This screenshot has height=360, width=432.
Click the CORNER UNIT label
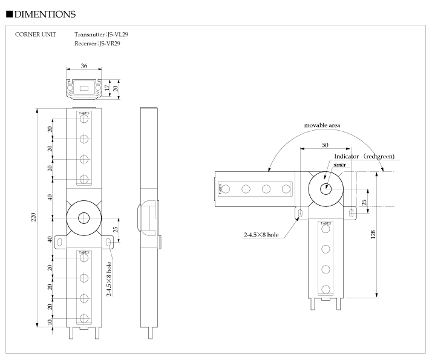(36, 34)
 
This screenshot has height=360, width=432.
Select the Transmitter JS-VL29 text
(101, 34)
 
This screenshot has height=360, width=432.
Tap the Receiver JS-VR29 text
(97, 43)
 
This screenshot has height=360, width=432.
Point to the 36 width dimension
(83, 66)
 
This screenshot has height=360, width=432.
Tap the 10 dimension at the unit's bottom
(50, 322)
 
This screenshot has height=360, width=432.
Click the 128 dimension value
(373, 233)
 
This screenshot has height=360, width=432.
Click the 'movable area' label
(322, 125)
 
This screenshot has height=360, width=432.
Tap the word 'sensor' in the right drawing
(339, 164)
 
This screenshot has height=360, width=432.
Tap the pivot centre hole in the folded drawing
(326, 188)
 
